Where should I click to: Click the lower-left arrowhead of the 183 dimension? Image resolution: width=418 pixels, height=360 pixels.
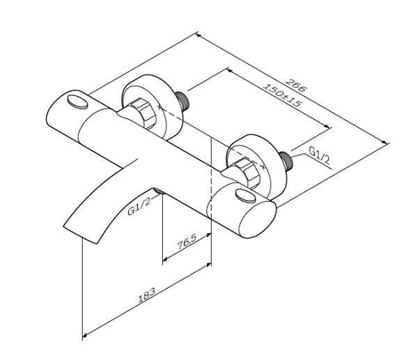click(x=84, y=338)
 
